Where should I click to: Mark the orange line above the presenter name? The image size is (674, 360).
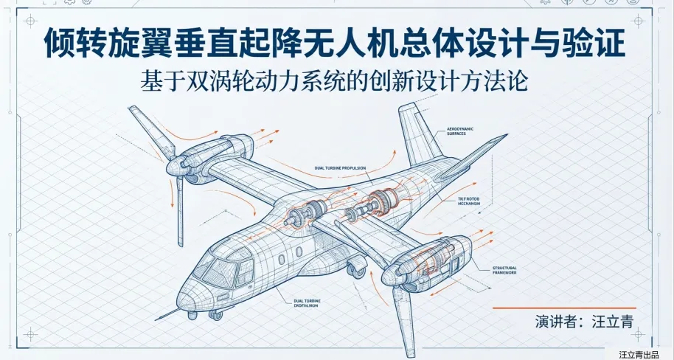tap(564, 308)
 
